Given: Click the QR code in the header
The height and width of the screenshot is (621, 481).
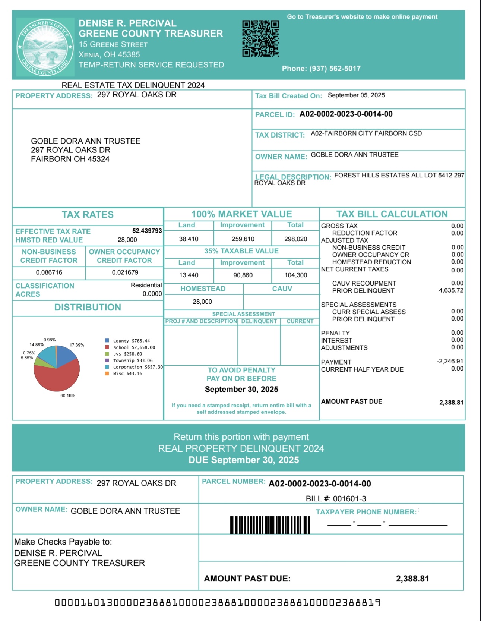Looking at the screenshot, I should [x=260, y=38].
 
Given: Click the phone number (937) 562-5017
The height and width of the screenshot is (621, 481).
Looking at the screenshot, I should [x=321, y=69].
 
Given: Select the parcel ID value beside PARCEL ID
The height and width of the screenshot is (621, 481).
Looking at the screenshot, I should [x=346, y=114].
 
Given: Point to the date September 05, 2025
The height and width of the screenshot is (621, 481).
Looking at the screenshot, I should [x=356, y=95].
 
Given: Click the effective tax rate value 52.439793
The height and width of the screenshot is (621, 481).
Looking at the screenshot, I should [x=147, y=231].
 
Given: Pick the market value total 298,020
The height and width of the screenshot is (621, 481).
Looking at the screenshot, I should [x=295, y=239].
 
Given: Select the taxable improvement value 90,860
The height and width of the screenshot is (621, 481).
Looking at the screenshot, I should [x=243, y=275].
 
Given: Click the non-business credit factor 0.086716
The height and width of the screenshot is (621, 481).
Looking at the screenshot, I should [x=49, y=272].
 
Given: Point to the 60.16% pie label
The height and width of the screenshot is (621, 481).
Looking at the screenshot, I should [x=67, y=395].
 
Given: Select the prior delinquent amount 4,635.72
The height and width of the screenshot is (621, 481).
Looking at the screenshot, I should [x=451, y=290].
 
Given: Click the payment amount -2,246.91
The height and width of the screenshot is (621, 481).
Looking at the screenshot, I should [x=450, y=361].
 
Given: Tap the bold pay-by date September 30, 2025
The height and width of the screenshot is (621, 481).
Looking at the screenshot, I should [x=241, y=389].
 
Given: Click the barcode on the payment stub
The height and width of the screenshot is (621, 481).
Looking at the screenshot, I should [x=270, y=525].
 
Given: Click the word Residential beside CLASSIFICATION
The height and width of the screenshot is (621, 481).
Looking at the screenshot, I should [x=146, y=285].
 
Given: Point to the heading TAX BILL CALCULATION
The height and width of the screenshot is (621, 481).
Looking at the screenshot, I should [x=392, y=214].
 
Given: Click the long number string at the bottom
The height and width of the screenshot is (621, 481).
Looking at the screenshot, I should [x=217, y=602].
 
